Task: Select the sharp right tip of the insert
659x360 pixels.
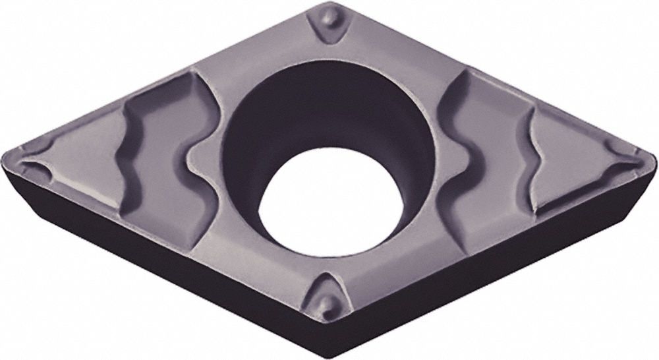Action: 654,158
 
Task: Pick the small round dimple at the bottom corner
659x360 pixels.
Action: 326,305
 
